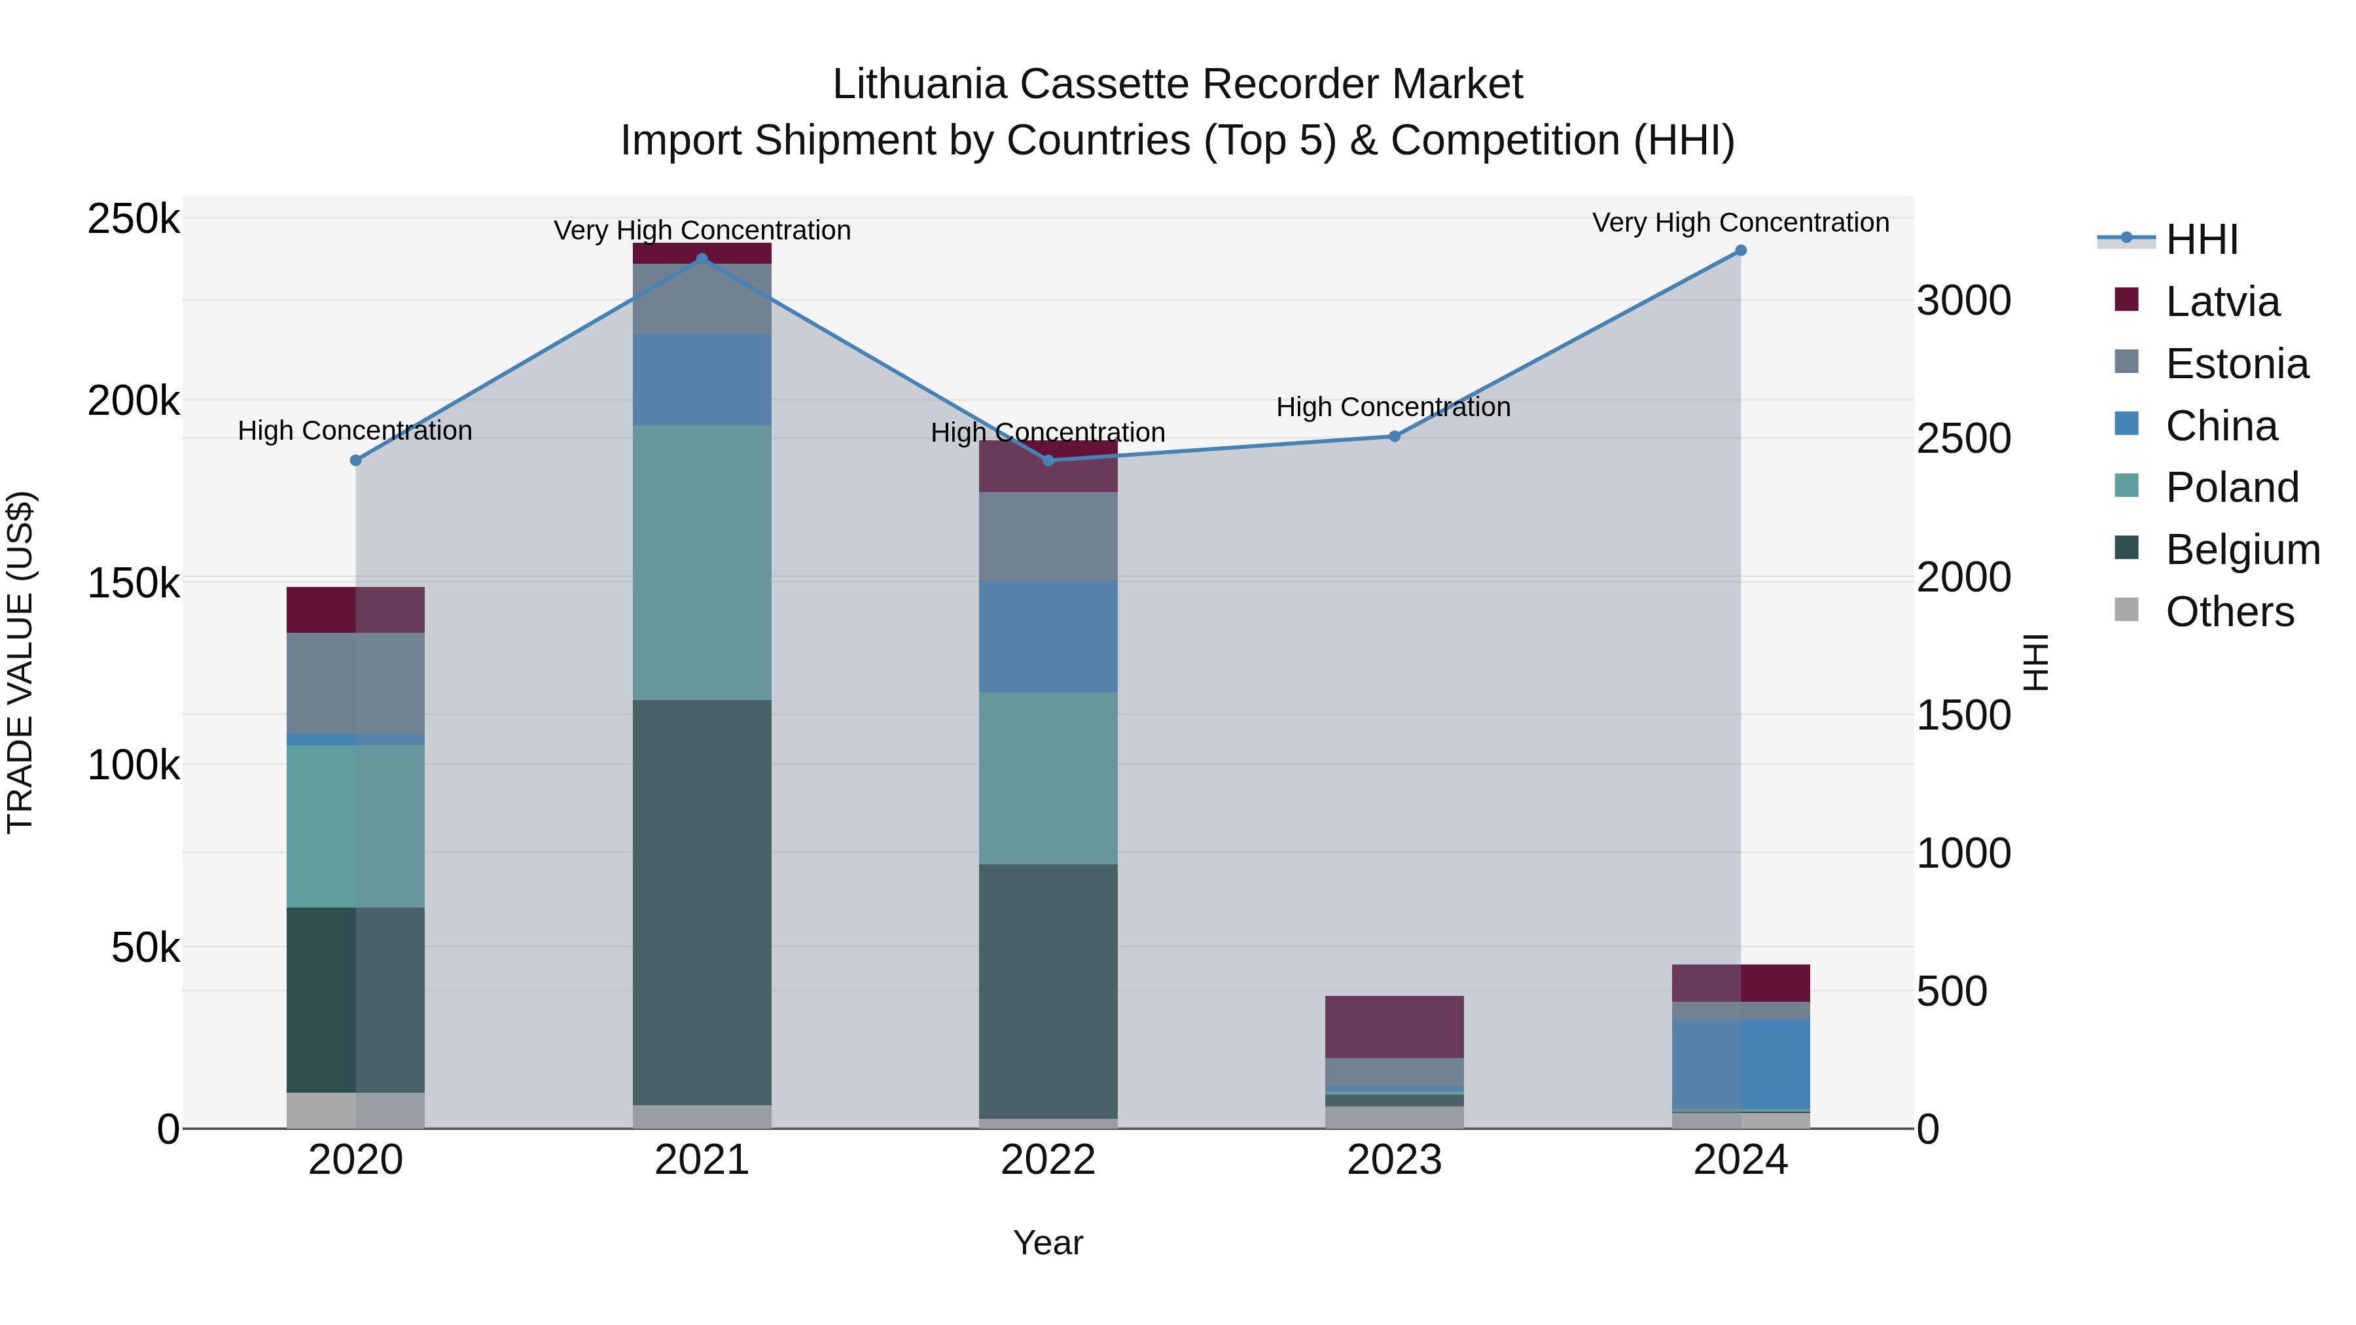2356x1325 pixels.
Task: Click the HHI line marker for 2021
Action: (x=702, y=258)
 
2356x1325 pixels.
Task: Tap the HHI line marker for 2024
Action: (x=1740, y=251)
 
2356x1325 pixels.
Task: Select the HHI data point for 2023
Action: (x=1394, y=436)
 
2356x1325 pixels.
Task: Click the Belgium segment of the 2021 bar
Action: (x=702, y=902)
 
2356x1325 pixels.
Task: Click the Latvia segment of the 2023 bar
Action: (x=1394, y=1026)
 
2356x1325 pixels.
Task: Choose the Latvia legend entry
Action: (x=2222, y=302)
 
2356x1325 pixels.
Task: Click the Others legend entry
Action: (x=2229, y=612)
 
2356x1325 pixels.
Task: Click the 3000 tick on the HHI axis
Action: (x=1963, y=301)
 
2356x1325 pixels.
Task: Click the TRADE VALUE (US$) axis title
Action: (x=20, y=662)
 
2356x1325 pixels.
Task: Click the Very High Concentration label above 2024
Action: (x=1740, y=222)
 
